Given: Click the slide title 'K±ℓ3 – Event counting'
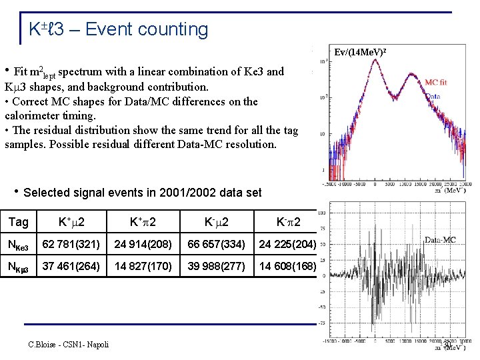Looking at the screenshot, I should click(118, 29).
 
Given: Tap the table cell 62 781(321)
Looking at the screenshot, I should click(70, 245).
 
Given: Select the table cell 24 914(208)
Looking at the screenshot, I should click(143, 245).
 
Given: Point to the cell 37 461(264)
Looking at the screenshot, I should click(70, 267).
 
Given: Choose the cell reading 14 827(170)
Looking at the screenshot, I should click(143, 267).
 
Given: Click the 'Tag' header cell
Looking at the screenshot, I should click(18, 222).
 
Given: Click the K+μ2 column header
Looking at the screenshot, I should click(70, 222).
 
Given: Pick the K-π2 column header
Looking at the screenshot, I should click(288, 222).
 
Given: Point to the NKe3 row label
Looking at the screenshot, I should click(19, 245).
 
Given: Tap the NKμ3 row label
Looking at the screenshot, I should click(19, 267).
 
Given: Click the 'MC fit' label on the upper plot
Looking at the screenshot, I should click(436, 82).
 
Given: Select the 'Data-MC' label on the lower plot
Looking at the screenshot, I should click(440, 239).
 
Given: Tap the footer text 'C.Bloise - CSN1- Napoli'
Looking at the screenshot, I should click(68, 344).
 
